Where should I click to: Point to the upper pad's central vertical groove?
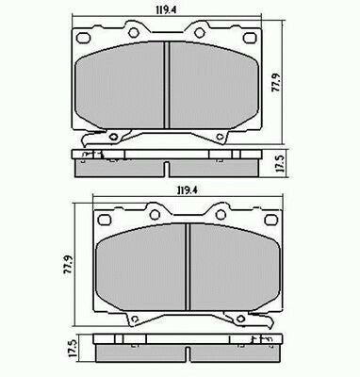tap(167, 89)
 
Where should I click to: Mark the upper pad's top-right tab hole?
tap(200, 35)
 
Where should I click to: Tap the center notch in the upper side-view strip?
tap(167, 169)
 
